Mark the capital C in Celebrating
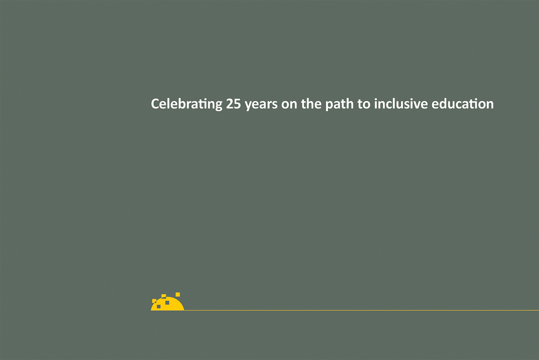[x=155, y=104]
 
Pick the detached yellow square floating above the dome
[x=178, y=294]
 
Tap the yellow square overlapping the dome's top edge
[x=163, y=296]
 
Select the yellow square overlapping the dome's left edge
[x=154, y=301]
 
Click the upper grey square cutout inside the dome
[x=167, y=302]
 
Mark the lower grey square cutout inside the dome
[x=159, y=307]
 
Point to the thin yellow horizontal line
[x=359, y=310]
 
